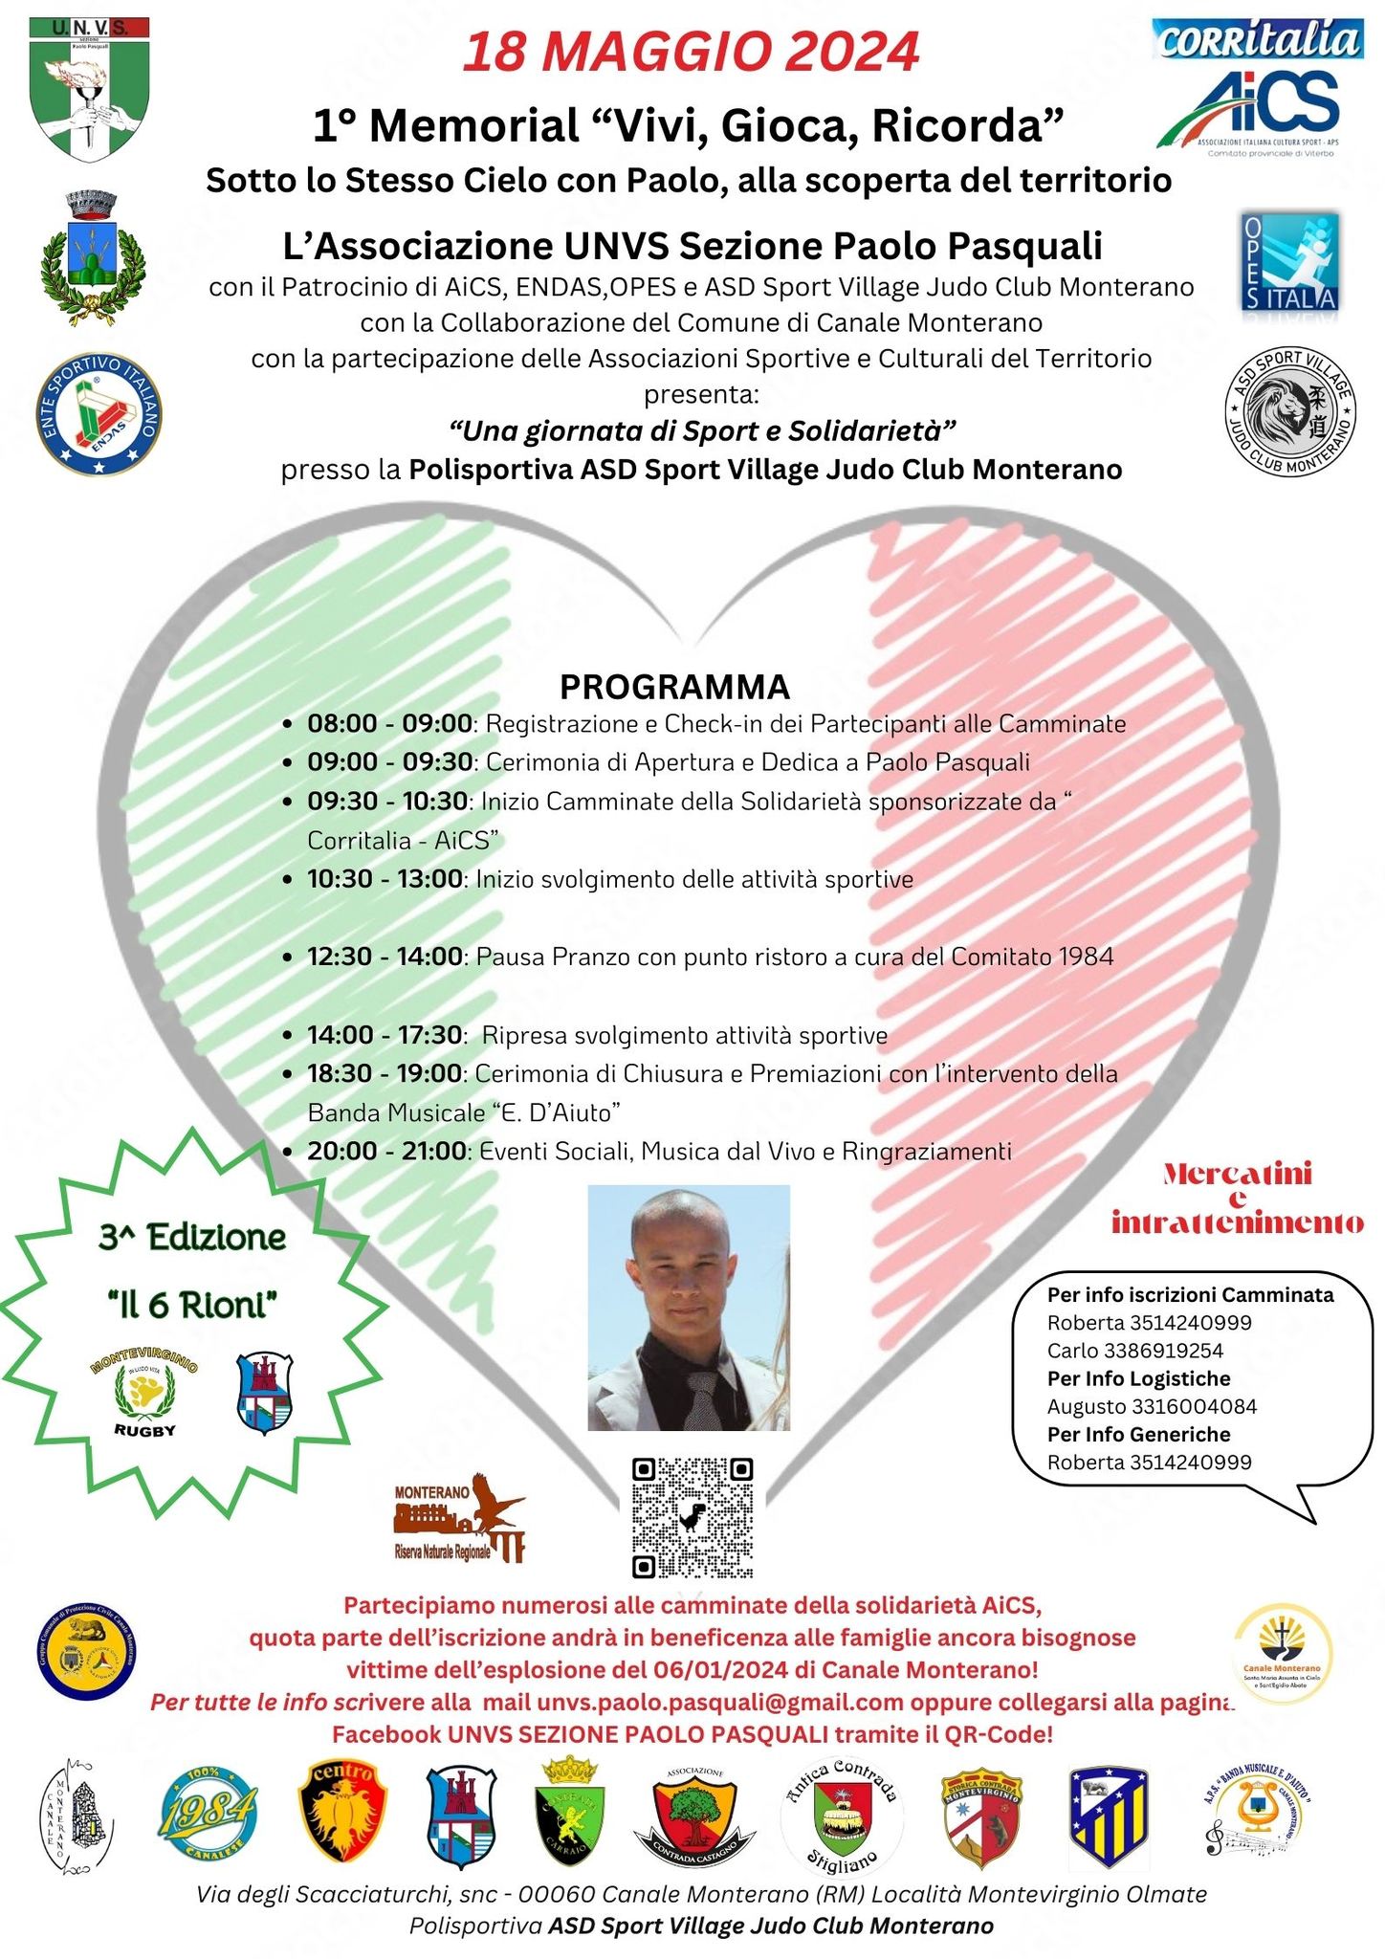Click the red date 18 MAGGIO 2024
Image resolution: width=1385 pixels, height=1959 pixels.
(x=691, y=53)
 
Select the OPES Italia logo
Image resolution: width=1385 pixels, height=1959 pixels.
(x=1289, y=262)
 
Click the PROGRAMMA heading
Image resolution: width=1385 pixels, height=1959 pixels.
(x=674, y=687)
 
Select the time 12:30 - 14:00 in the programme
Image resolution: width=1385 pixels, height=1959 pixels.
(x=385, y=957)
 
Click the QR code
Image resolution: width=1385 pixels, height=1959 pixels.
(x=692, y=1518)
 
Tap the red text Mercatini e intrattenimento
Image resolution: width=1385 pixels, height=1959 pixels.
(x=1238, y=1198)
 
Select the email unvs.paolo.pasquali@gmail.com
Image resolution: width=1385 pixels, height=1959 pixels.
(x=720, y=1702)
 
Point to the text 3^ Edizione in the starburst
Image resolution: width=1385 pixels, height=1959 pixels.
(x=192, y=1238)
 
